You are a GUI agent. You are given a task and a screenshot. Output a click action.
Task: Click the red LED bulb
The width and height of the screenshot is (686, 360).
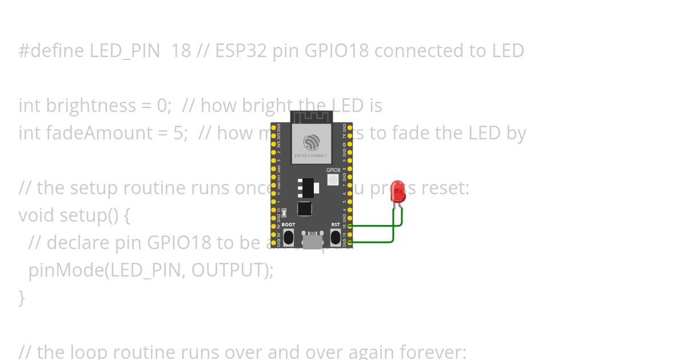pos(398,191)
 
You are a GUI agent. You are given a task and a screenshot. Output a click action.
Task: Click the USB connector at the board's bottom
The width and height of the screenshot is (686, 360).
pos(312,240)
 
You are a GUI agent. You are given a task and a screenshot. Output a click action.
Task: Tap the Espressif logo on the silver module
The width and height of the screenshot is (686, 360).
pos(311,142)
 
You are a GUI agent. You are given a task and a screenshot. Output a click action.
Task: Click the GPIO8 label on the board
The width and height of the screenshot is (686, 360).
pos(333,170)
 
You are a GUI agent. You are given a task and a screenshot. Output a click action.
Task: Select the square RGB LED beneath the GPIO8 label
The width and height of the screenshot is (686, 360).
pos(333,180)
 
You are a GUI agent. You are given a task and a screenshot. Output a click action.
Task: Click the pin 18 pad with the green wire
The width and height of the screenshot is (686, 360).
pos(349,226)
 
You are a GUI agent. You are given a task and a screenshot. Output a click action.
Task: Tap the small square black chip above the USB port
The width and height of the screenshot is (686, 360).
pos(305,209)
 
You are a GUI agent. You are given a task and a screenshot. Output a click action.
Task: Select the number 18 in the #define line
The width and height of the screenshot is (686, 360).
pos(181,51)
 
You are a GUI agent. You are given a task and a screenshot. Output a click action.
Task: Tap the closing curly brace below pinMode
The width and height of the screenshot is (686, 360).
pos(22,298)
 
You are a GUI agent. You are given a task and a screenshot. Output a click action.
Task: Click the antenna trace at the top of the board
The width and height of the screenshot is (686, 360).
pos(312,118)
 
